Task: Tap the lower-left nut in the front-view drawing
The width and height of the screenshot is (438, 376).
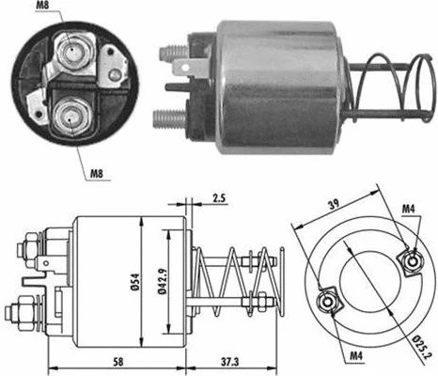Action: (328, 303)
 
